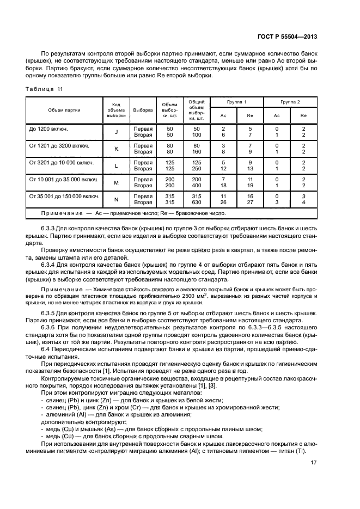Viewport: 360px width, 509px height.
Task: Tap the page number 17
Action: coord(314,463)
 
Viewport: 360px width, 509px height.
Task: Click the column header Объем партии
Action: coord(64,110)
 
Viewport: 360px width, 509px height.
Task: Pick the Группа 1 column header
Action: coord(237,102)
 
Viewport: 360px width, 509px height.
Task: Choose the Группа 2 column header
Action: coord(290,102)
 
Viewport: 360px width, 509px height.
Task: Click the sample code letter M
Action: coord(116,182)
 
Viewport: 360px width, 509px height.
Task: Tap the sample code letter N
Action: coord(116,199)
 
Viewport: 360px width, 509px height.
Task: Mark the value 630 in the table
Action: coord(197,203)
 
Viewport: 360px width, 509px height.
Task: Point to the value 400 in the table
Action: coord(197,186)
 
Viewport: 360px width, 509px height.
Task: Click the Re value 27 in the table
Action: coord(250,203)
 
